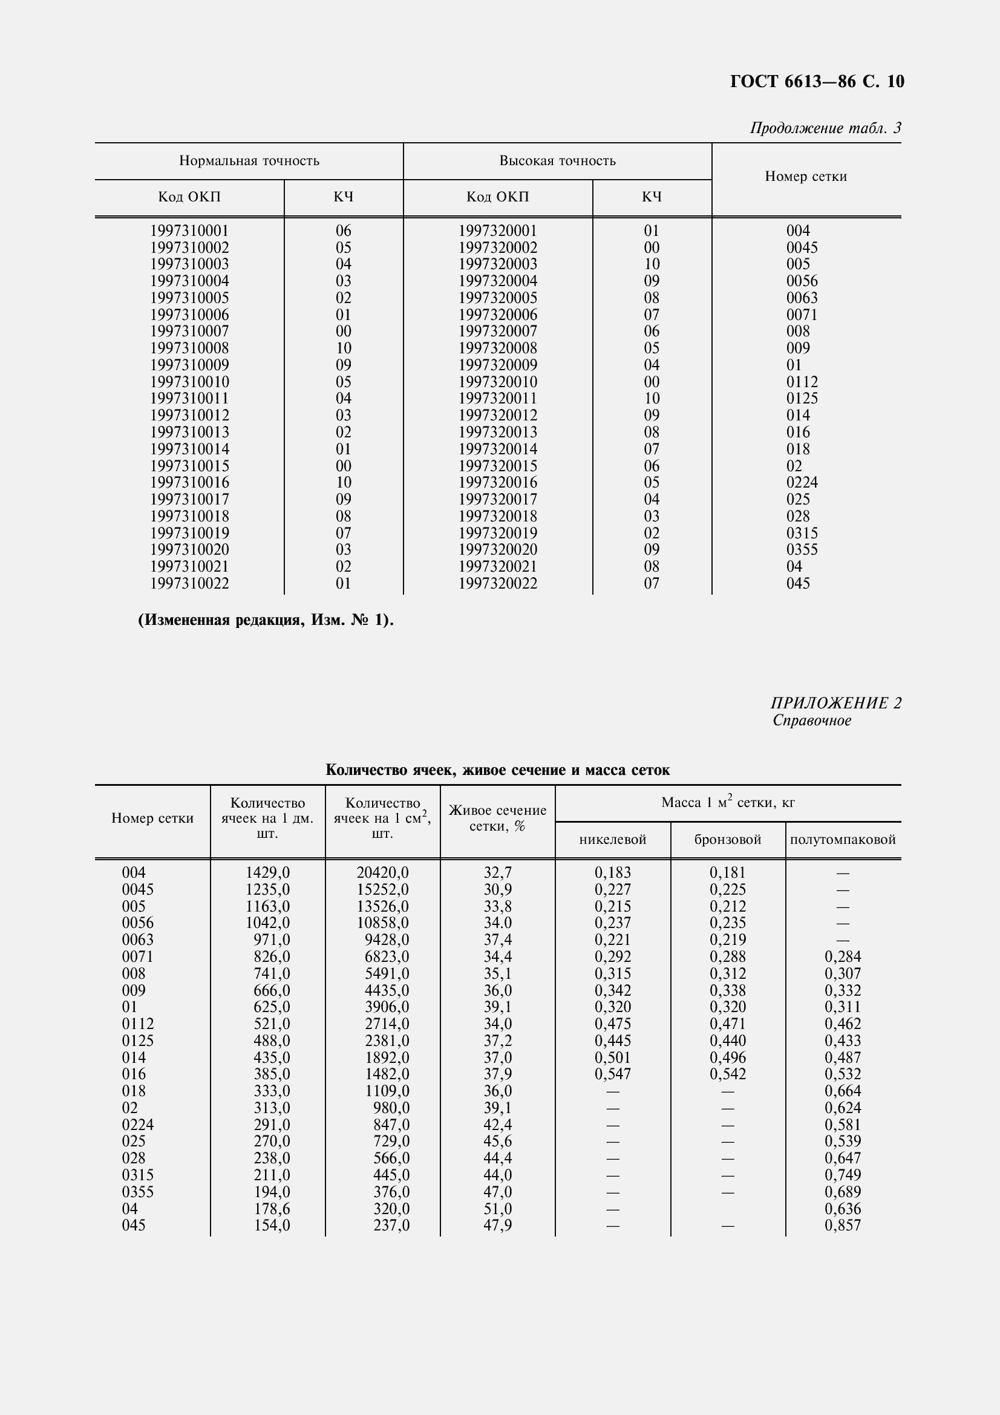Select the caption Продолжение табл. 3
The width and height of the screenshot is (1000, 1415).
[825, 128]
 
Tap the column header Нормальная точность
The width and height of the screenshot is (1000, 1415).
[249, 161]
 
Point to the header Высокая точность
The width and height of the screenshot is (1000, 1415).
[557, 161]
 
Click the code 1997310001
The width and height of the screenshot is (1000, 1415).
[189, 230]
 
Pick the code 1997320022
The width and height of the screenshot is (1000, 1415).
[497, 583]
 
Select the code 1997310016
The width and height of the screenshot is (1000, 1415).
[189, 483]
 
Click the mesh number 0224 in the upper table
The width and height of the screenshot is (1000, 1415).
[802, 483]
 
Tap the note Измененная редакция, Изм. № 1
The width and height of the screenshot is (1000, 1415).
[265, 620]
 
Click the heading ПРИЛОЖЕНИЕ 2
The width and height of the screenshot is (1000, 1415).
[835, 703]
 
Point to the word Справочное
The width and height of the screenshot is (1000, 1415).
[811, 721]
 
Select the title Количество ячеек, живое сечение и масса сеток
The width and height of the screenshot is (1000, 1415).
[497, 770]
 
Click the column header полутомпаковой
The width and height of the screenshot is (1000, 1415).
[842, 840]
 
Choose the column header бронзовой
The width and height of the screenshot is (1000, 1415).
[727, 840]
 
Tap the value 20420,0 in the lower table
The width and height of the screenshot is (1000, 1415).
[382, 873]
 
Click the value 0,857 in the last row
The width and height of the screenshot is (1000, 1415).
[842, 1225]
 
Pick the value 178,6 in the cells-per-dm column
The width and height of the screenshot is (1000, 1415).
[272, 1209]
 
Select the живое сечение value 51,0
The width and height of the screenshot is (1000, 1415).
[497, 1209]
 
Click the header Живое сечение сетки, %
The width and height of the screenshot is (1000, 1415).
[497, 819]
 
